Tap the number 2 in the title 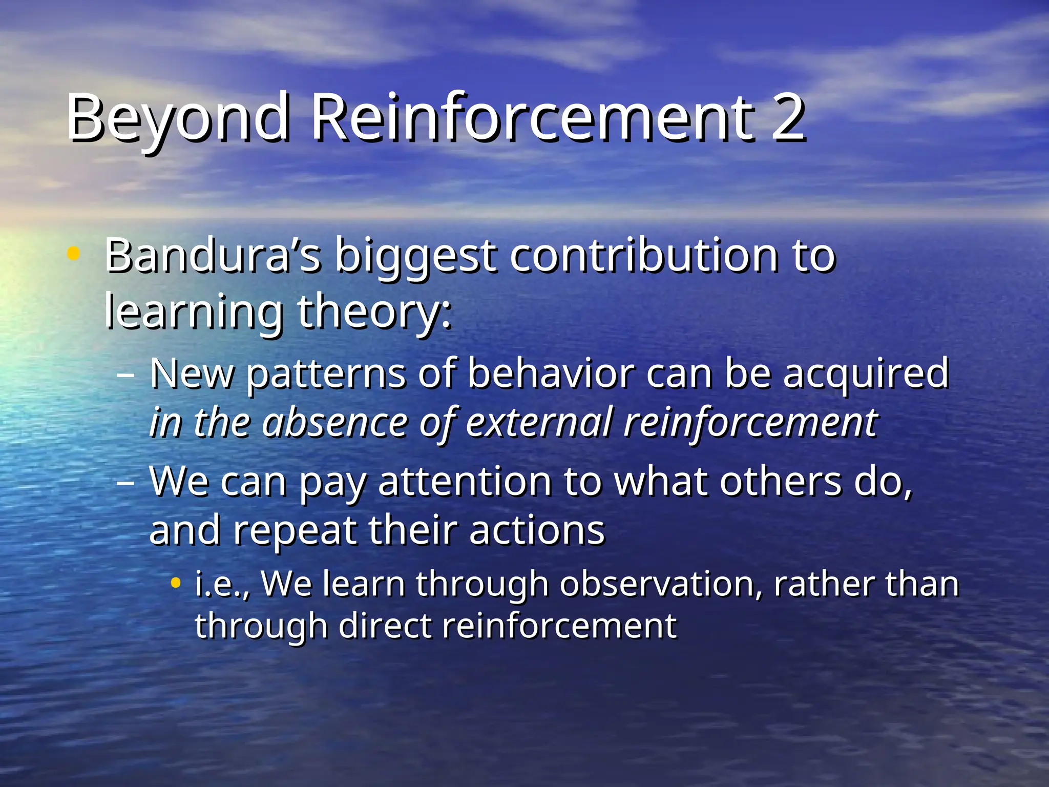click(788, 118)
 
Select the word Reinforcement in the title click(532, 118)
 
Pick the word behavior click(551, 374)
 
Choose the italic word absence click(334, 423)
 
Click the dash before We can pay click(125, 482)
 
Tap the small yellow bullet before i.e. click(176, 583)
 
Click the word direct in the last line click(385, 626)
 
